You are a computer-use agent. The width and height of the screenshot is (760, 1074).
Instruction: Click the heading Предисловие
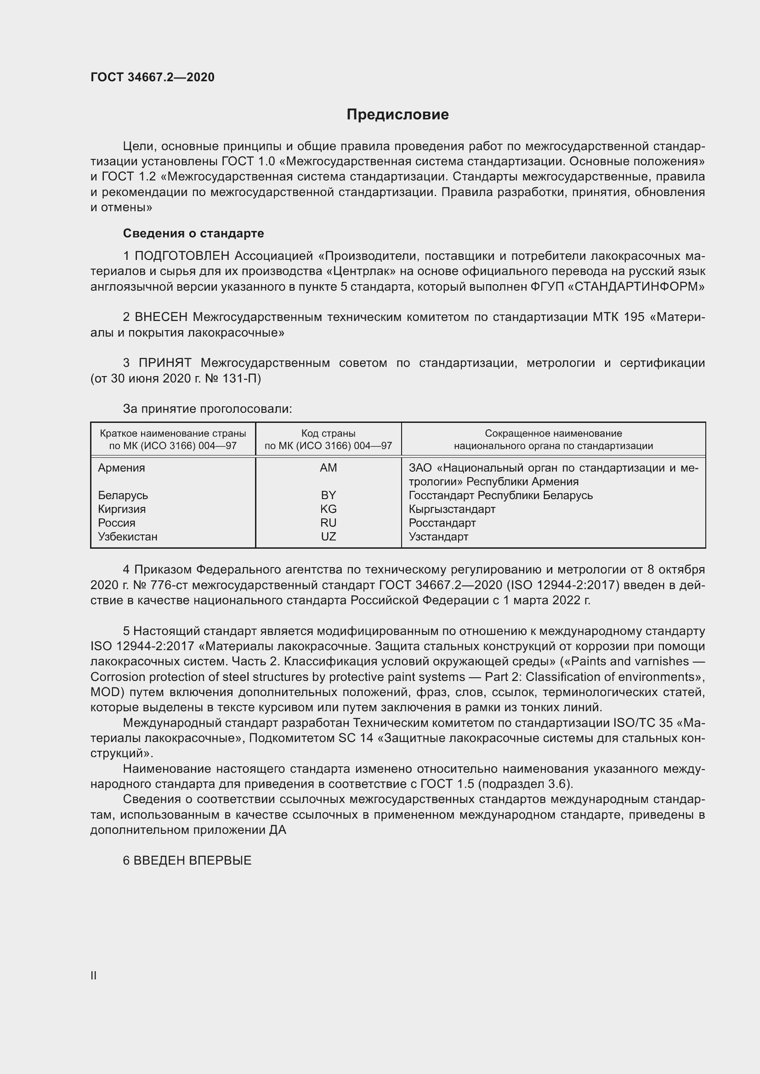(397, 115)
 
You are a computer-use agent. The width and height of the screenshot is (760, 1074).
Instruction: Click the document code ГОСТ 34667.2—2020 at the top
(153, 77)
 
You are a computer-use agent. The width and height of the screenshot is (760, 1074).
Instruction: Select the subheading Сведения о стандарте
(193, 233)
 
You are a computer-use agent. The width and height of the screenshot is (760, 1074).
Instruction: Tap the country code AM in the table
(328, 468)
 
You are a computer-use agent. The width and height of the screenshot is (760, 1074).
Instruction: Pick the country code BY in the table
(328, 495)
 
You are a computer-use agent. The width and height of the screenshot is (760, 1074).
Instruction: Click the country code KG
(328, 509)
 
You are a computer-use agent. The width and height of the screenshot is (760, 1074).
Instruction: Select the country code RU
(328, 523)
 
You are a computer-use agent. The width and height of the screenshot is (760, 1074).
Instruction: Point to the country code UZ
(328, 536)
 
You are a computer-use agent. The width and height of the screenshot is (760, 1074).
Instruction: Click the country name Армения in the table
(121, 468)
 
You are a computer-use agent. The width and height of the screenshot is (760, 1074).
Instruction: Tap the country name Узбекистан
(127, 536)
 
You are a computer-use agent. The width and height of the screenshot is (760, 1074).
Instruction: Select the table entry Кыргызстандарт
(452, 509)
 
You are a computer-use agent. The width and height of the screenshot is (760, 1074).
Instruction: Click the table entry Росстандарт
(442, 523)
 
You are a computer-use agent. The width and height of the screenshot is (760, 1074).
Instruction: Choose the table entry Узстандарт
(438, 536)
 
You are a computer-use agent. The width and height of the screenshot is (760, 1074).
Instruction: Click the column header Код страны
(328, 433)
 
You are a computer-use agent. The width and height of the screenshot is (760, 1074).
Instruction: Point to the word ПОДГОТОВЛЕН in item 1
(182, 256)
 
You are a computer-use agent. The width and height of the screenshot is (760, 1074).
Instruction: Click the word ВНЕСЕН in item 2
(161, 317)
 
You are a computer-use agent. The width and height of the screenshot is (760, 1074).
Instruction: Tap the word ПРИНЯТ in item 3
(165, 363)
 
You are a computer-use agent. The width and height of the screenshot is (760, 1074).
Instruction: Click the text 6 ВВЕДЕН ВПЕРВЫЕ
(187, 860)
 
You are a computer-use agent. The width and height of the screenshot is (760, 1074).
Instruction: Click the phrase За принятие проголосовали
(207, 409)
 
